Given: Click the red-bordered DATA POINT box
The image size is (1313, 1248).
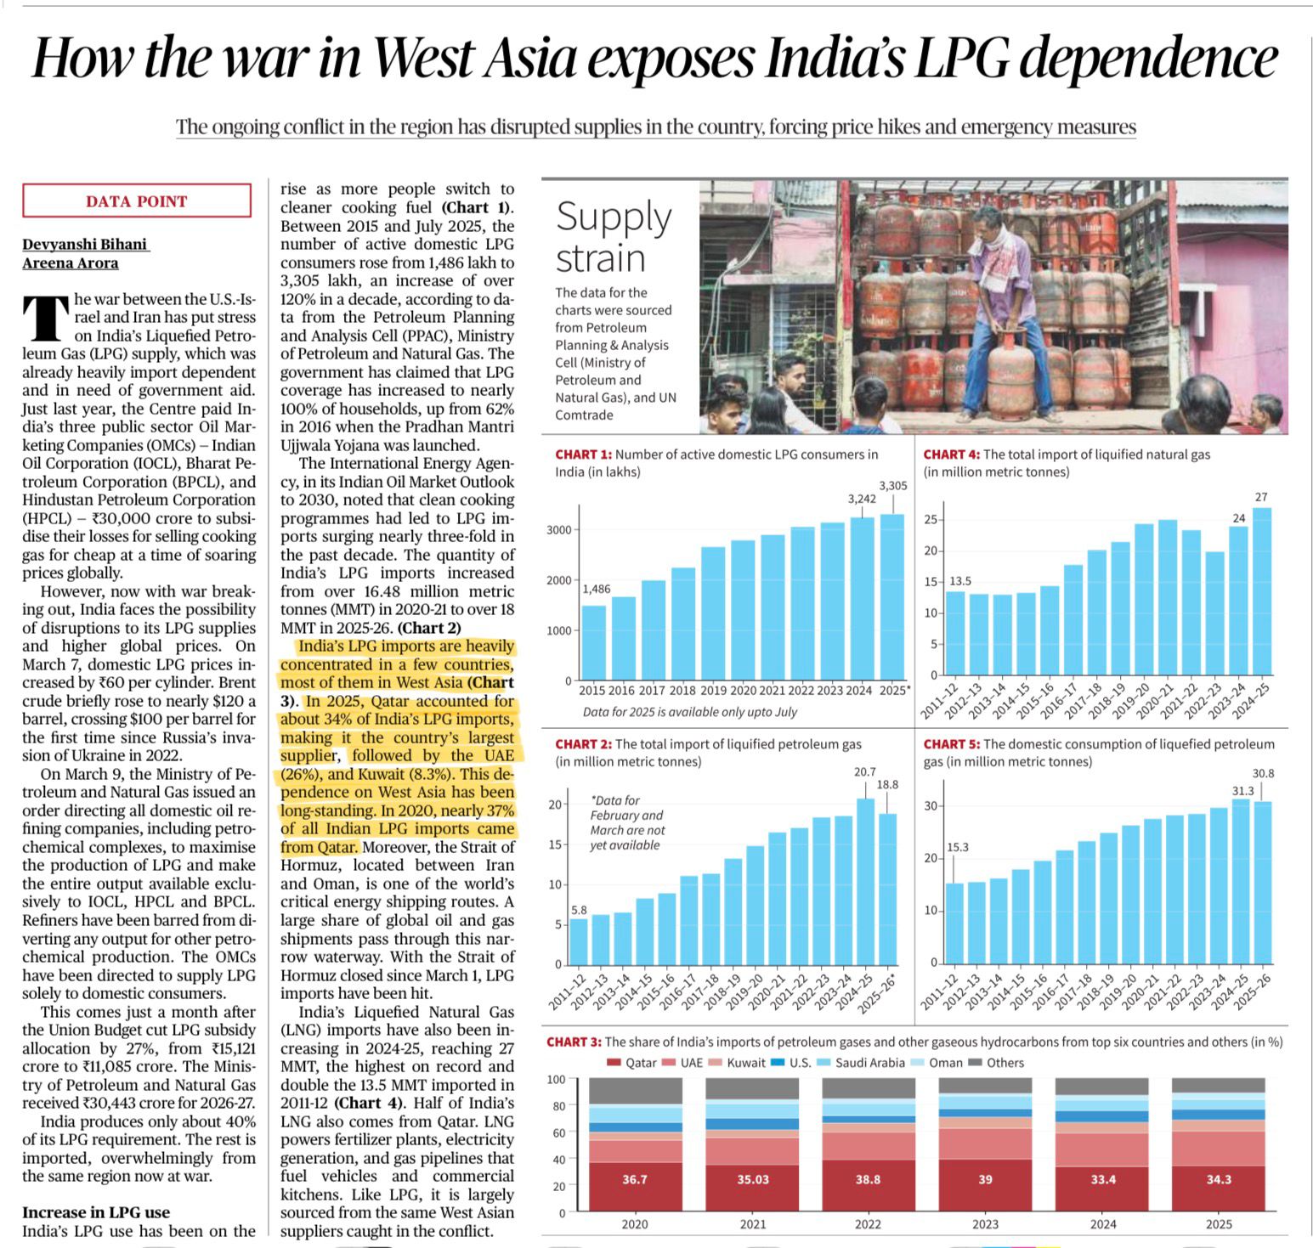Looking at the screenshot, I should pos(137,201).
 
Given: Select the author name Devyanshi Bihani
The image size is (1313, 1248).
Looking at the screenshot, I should pos(85,245).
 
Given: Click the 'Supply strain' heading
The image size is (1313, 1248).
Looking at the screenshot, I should pos(614,237).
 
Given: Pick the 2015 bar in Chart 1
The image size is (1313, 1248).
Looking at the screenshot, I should pos(593,642).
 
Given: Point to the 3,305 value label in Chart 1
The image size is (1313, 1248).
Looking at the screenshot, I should pos(892,486).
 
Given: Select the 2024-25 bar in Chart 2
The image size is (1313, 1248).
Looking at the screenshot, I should pos(865,881).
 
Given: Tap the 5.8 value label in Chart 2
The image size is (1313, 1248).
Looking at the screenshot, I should pos(579,910).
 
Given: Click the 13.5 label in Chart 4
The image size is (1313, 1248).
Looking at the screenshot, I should pos(960,581).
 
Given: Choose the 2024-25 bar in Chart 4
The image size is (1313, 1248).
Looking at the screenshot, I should pos(1262,591).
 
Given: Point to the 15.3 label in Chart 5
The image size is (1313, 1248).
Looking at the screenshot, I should pos(957,847).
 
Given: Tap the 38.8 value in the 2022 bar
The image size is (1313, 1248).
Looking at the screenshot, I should pos(869,1179).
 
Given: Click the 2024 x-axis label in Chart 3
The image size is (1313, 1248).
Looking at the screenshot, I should pos(1103,1224).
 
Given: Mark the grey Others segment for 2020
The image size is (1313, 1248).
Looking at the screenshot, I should pos(635,1091).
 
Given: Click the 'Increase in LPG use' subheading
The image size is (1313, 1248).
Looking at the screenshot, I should pos(96,1212).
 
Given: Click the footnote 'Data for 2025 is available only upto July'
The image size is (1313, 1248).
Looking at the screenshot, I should pos(690,712).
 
